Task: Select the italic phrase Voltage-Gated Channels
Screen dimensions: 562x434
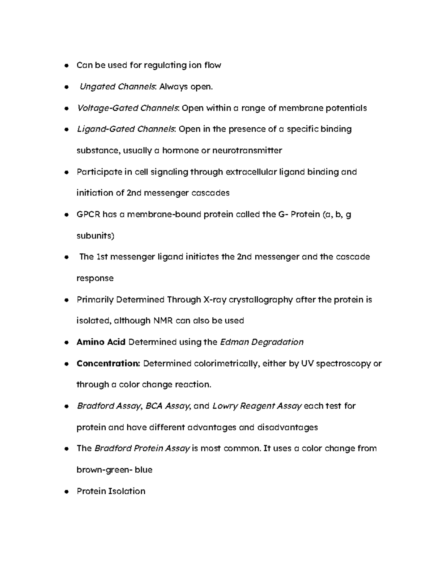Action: click(x=128, y=108)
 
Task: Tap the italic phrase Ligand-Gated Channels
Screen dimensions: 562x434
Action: click(x=126, y=129)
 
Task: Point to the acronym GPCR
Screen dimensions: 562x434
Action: click(x=88, y=215)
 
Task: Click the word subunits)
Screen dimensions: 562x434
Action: click(x=95, y=236)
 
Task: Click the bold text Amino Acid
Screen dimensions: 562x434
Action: click(x=101, y=342)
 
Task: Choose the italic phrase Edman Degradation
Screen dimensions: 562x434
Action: click(x=261, y=342)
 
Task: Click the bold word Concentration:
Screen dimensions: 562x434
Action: click(x=108, y=364)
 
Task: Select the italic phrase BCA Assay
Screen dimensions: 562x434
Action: click(x=168, y=406)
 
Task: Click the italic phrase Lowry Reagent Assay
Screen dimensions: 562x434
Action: click(x=257, y=406)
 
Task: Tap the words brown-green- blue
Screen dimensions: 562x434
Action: click(x=114, y=470)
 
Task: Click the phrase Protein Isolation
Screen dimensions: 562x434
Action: click(x=111, y=491)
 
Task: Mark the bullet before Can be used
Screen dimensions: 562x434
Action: click(x=66, y=66)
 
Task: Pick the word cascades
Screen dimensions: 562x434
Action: click(x=210, y=193)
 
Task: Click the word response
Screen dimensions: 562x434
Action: click(x=95, y=279)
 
